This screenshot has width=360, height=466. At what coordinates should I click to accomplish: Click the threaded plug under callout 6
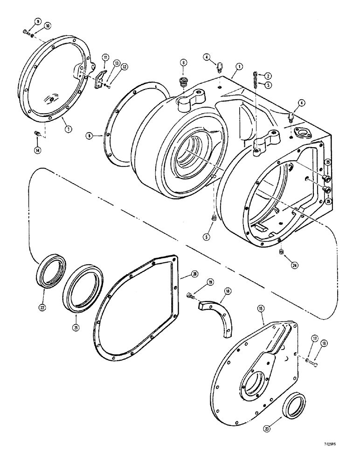coord(182,83)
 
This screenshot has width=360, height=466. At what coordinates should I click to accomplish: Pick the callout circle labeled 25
coord(328,162)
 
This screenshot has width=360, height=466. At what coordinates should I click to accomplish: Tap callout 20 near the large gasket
coord(194,273)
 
